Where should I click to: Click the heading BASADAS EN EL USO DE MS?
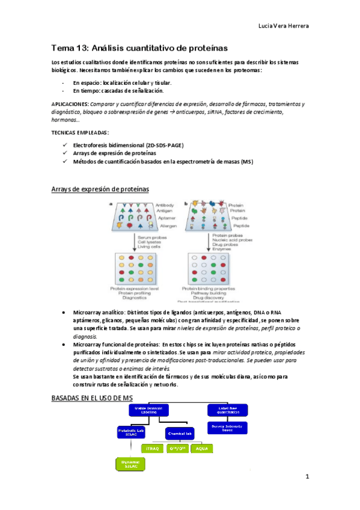click(92, 398)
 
